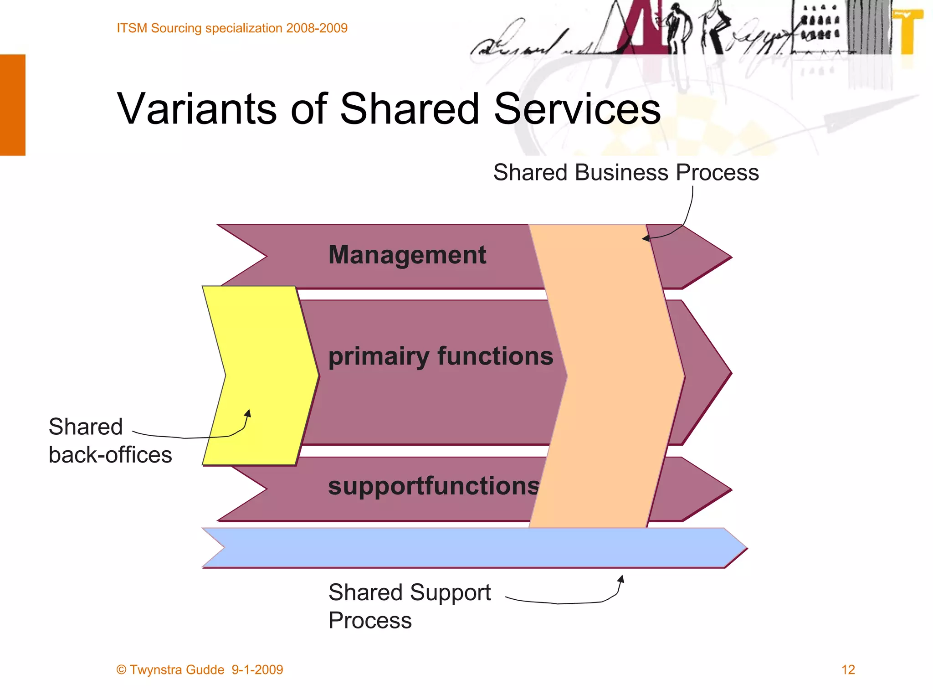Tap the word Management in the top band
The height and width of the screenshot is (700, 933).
tap(407, 255)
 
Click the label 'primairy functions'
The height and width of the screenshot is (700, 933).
tap(441, 356)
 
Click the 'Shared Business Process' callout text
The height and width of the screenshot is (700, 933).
tap(626, 173)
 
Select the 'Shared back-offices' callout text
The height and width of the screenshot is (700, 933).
tap(110, 441)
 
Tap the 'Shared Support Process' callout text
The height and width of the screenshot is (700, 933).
tap(409, 606)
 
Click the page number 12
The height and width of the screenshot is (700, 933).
tap(848, 669)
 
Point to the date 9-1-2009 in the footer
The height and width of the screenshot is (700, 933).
tap(257, 669)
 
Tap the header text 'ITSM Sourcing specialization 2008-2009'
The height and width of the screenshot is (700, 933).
tap(232, 28)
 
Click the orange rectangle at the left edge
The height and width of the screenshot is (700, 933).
tap(12, 105)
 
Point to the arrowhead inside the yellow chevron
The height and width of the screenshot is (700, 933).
tap(248, 413)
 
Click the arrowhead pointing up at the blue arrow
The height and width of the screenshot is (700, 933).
tap(620, 579)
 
